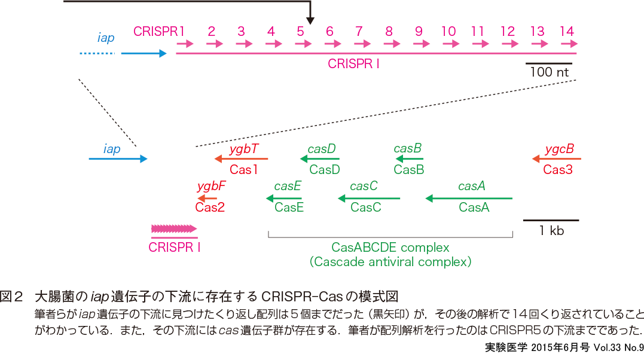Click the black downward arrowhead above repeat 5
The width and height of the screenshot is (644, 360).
point(310,20)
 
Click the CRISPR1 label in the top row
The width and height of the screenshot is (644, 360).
point(159,30)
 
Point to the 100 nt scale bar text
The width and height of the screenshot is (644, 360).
point(549,72)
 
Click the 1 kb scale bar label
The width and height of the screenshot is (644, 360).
point(551,230)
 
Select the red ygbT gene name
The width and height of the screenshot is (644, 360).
point(244,148)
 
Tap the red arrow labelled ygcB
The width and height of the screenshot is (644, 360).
point(556,159)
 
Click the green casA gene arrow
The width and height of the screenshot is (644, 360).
point(469,197)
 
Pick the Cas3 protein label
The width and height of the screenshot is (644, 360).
point(558,170)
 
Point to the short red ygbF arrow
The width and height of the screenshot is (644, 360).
point(208,198)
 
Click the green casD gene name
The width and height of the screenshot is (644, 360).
point(322,148)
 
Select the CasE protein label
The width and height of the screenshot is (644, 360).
point(289,208)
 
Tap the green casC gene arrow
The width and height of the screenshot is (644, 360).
point(368,197)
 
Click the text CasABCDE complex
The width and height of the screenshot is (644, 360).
point(390,247)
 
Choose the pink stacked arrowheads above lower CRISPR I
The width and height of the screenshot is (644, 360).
point(173,228)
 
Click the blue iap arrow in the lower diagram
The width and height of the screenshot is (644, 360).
point(118,159)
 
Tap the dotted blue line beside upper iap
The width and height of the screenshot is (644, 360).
point(96,53)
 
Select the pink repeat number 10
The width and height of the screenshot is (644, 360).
point(448,30)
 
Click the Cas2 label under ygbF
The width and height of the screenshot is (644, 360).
point(210,208)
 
